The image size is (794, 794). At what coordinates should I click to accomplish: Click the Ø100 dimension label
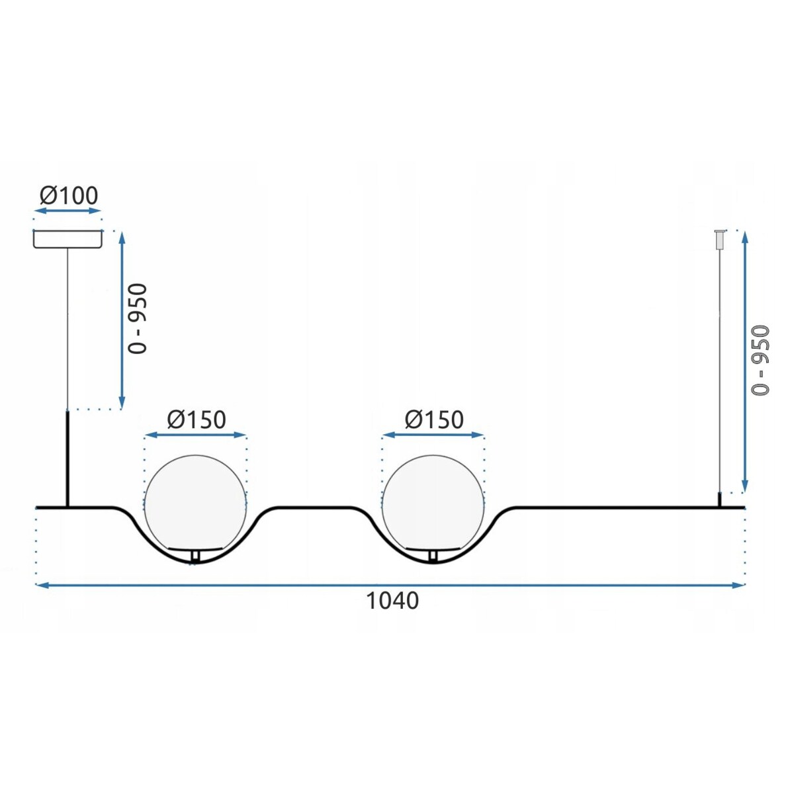(x=69, y=195)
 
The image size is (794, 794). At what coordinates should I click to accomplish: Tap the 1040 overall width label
(x=392, y=601)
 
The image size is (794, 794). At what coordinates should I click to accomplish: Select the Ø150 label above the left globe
(x=197, y=419)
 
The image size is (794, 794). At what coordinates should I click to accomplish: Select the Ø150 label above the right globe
(x=434, y=419)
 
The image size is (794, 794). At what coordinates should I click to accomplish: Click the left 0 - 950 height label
(x=138, y=318)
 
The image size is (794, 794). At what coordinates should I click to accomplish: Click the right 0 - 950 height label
(x=760, y=361)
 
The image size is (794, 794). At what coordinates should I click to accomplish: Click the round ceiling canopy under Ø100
(x=67, y=240)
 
